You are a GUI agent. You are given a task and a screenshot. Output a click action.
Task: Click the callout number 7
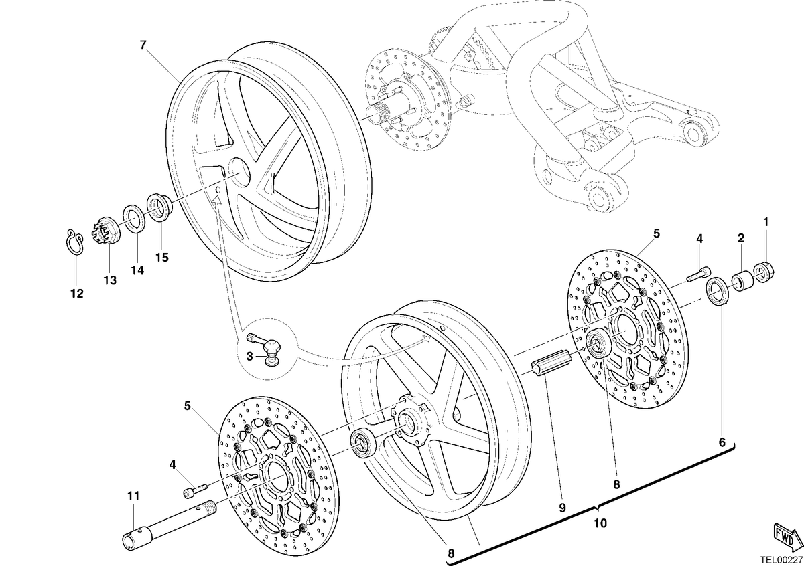[x=143, y=45]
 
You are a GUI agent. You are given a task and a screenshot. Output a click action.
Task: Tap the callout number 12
[x=77, y=294]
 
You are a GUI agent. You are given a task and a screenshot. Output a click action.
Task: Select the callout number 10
[x=600, y=523]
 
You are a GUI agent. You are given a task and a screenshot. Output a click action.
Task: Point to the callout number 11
[x=133, y=496]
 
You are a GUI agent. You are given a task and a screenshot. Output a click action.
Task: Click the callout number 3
[x=249, y=357]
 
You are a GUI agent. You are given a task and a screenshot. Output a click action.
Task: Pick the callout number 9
[x=562, y=508]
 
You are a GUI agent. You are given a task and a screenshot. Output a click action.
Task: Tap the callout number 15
[x=162, y=258]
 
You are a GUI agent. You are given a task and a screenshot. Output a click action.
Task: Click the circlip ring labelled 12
[x=74, y=242]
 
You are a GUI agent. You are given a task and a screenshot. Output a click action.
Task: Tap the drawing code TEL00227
[x=783, y=560]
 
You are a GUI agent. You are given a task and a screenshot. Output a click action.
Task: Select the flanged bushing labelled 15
[x=160, y=207]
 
